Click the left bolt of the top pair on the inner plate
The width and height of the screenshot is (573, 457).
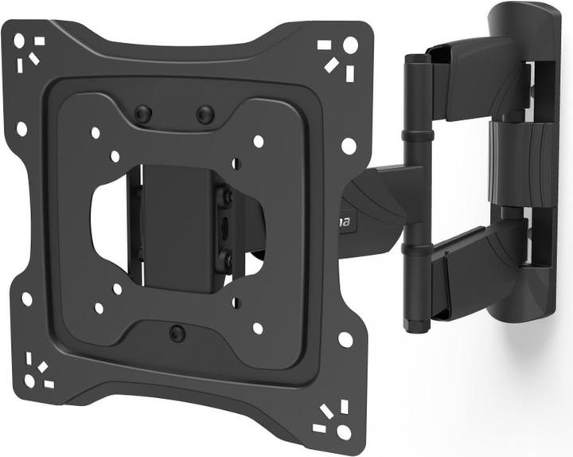142,115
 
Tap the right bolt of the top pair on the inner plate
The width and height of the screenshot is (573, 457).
205,115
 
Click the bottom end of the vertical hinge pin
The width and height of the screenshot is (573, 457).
415,322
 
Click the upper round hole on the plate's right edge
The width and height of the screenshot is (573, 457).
348,146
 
